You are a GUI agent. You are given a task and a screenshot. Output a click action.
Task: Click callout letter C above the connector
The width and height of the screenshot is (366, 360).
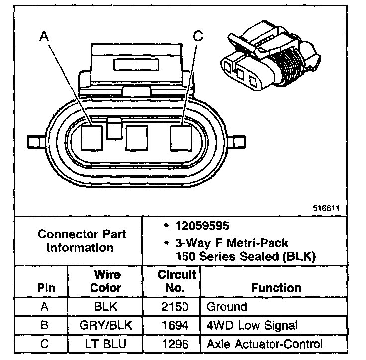coord(198,36)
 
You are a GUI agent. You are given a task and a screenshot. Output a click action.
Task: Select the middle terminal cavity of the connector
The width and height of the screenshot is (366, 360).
coord(137,138)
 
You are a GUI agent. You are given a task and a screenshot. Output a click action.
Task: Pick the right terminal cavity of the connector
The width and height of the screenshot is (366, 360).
coord(182,137)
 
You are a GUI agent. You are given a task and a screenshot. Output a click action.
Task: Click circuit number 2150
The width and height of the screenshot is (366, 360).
coord(172,307)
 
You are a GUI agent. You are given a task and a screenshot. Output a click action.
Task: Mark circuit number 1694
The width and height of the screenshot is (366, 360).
coord(172,326)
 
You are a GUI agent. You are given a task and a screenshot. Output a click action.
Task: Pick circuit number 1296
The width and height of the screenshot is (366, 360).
coord(172,344)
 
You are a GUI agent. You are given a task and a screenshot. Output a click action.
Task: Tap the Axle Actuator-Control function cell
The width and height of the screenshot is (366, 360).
coord(264,344)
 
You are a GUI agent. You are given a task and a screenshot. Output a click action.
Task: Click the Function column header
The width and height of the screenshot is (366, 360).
coord(276,288)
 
